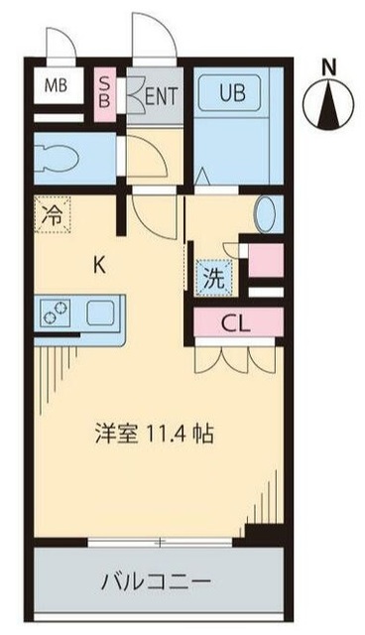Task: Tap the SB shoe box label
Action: (104, 90)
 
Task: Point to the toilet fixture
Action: (60, 157)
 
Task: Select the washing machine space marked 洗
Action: (213, 279)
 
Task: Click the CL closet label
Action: (235, 321)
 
